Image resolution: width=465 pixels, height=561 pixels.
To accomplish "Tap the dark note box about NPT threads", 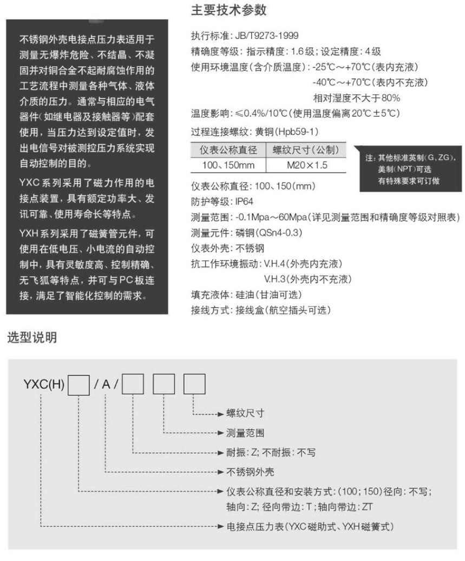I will click(x=411, y=169).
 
